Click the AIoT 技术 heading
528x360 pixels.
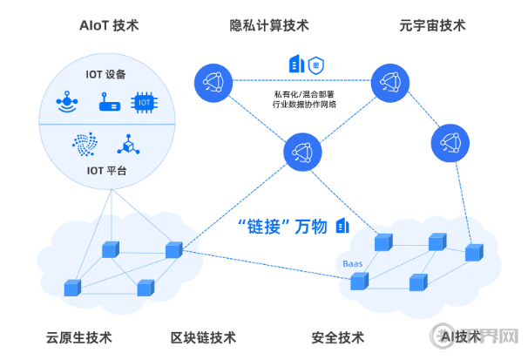pyautogui.click(x=110, y=25)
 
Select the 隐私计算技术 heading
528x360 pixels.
pyautogui.click(x=269, y=25)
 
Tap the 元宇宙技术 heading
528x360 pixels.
pyautogui.click(x=432, y=25)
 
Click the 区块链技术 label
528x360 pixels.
pyautogui.click(x=203, y=337)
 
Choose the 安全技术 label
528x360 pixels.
pyautogui.click(x=337, y=337)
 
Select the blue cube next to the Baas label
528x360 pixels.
pyautogui.click(x=358, y=281)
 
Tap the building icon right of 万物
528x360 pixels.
pyautogui.click(x=342, y=226)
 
